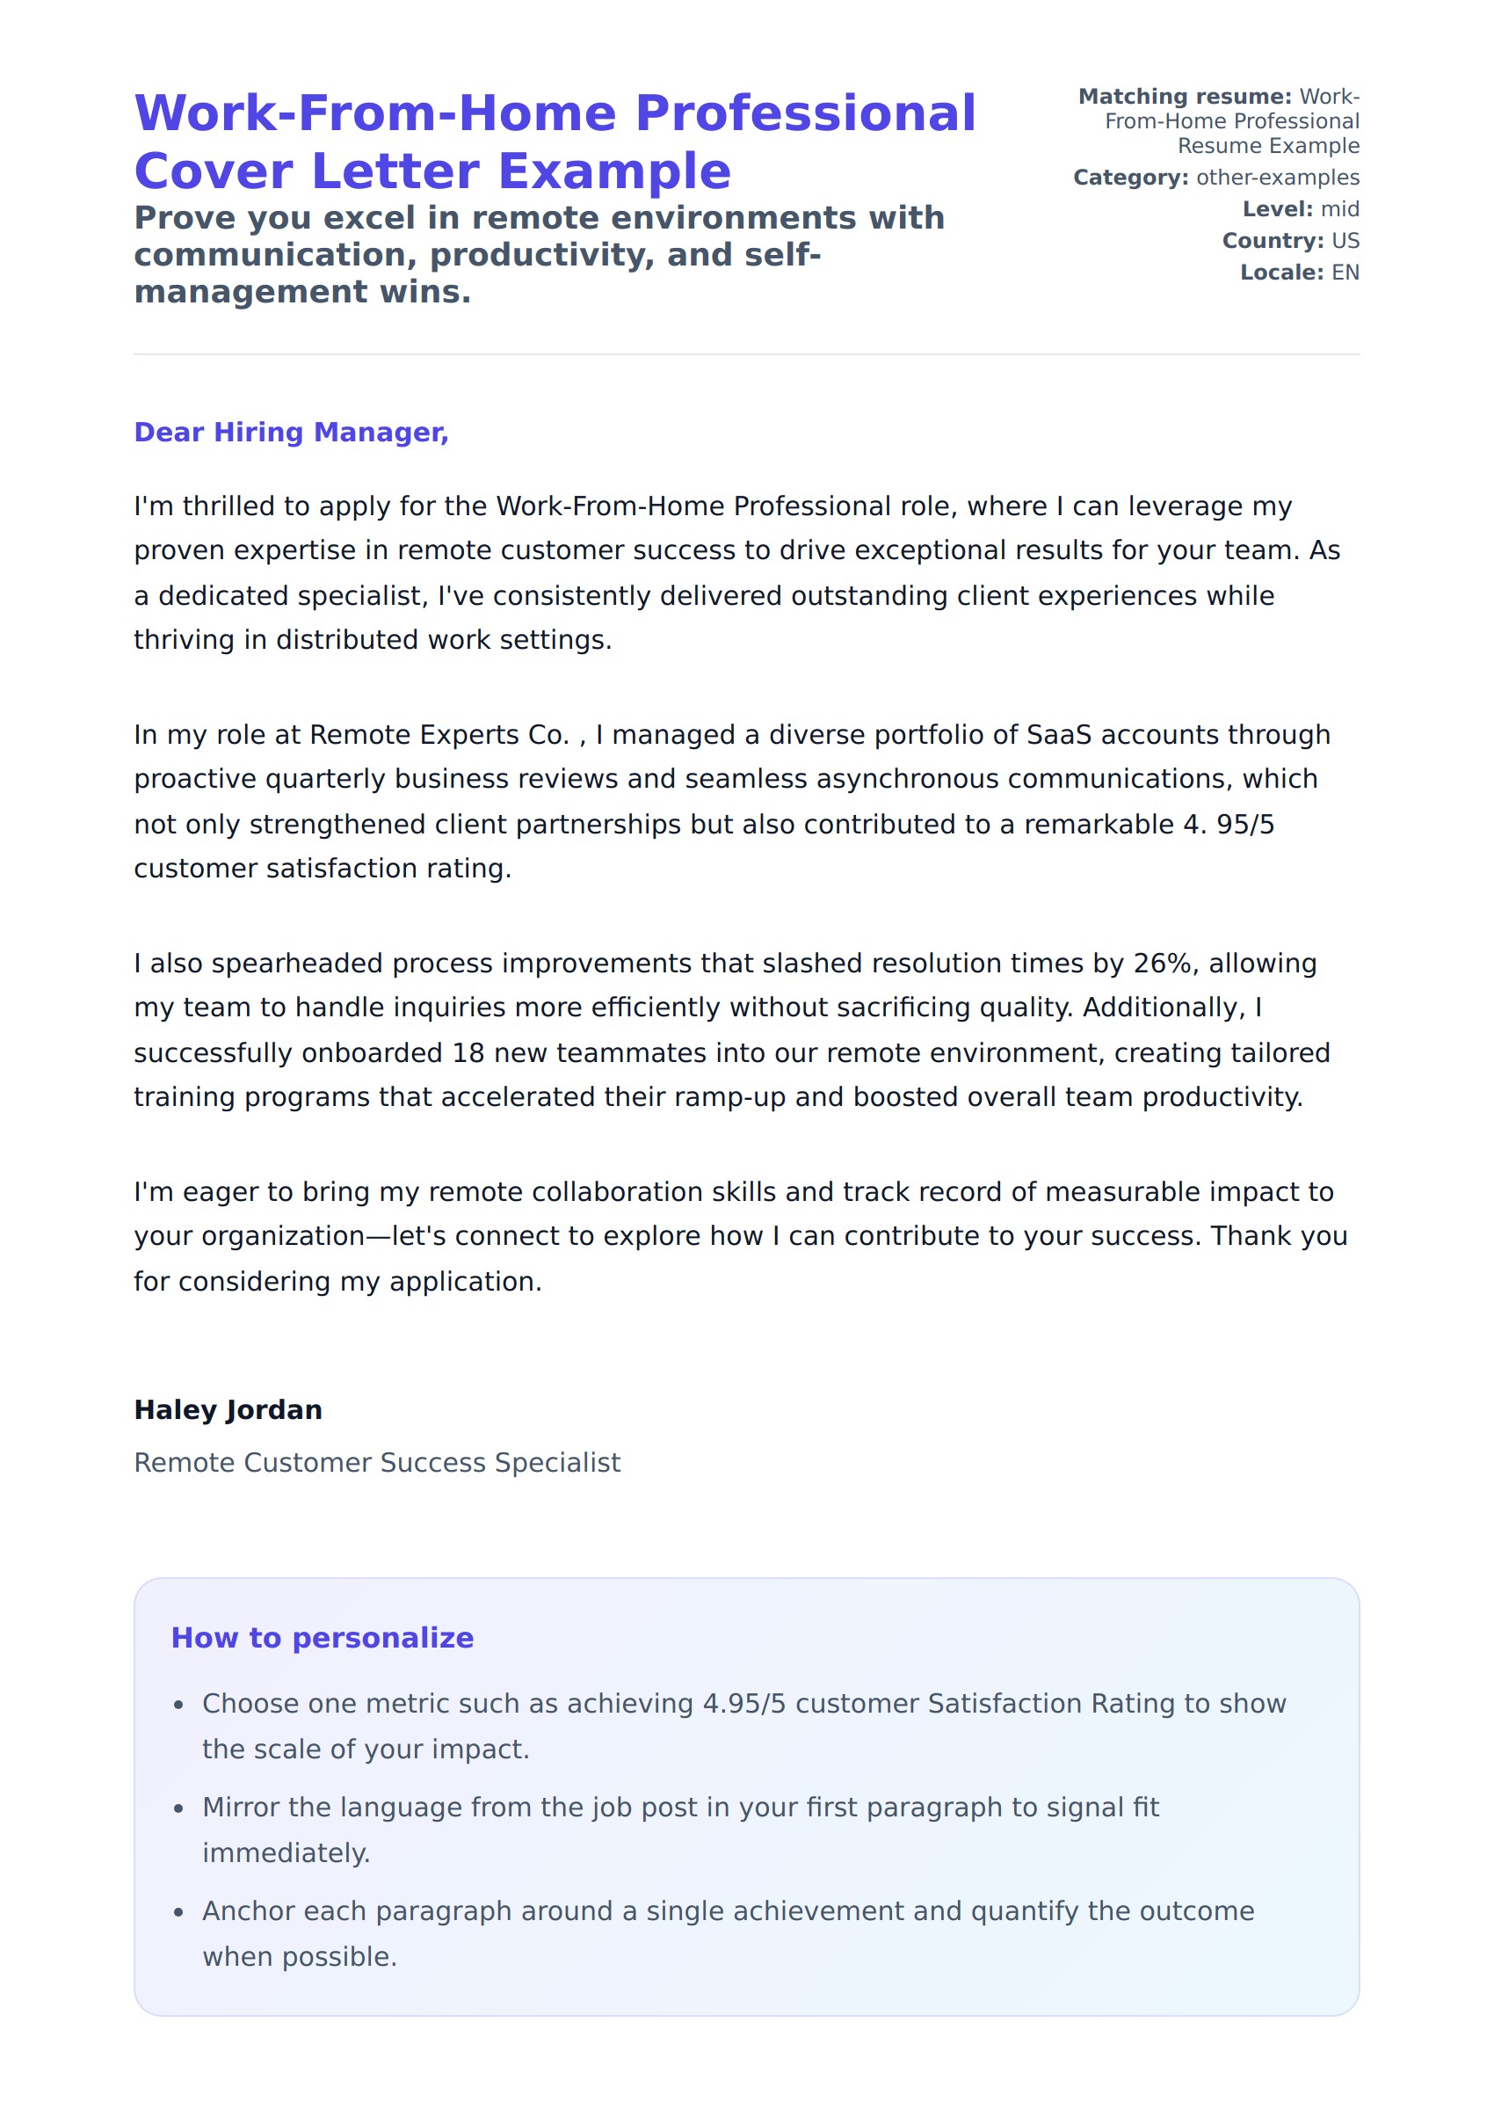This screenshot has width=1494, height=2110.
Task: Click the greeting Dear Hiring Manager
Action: [291, 433]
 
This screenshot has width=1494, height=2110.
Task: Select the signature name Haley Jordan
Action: [228, 1409]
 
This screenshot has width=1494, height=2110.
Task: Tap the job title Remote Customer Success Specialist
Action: [377, 1462]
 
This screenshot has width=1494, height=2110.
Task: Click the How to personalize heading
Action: [322, 1638]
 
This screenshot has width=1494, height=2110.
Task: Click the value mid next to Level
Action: [1339, 210]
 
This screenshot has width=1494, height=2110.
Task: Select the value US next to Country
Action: [1345, 241]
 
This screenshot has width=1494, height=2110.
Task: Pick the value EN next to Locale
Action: [1345, 273]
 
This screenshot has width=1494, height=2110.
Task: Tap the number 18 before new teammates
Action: [468, 1052]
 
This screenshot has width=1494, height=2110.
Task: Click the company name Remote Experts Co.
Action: [439, 735]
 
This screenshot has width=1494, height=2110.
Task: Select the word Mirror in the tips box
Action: [241, 1808]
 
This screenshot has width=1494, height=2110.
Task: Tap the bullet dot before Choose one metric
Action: [178, 1705]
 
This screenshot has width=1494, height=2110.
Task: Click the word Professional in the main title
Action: [805, 113]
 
